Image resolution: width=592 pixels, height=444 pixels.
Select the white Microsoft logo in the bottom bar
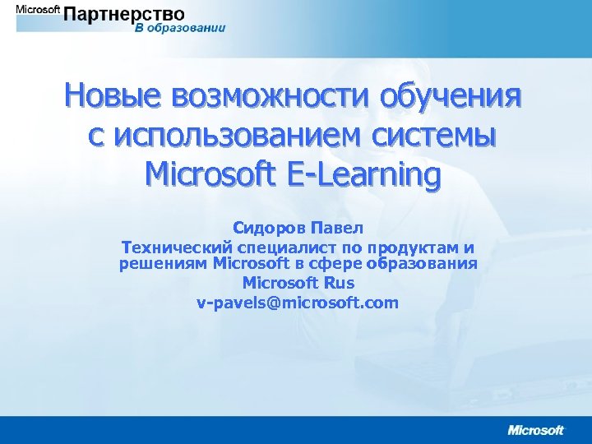[535, 428]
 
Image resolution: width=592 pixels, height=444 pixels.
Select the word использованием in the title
[244, 135]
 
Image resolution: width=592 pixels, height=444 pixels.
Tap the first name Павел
[336, 225]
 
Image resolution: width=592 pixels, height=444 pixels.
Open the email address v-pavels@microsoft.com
[297, 302]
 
